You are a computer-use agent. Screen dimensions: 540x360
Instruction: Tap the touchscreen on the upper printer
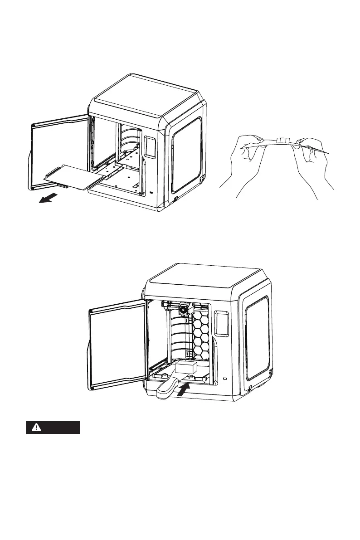(x=150, y=148)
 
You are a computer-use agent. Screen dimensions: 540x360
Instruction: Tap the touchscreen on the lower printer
(x=221, y=322)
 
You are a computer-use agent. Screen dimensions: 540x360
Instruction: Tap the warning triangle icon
(x=35, y=428)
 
